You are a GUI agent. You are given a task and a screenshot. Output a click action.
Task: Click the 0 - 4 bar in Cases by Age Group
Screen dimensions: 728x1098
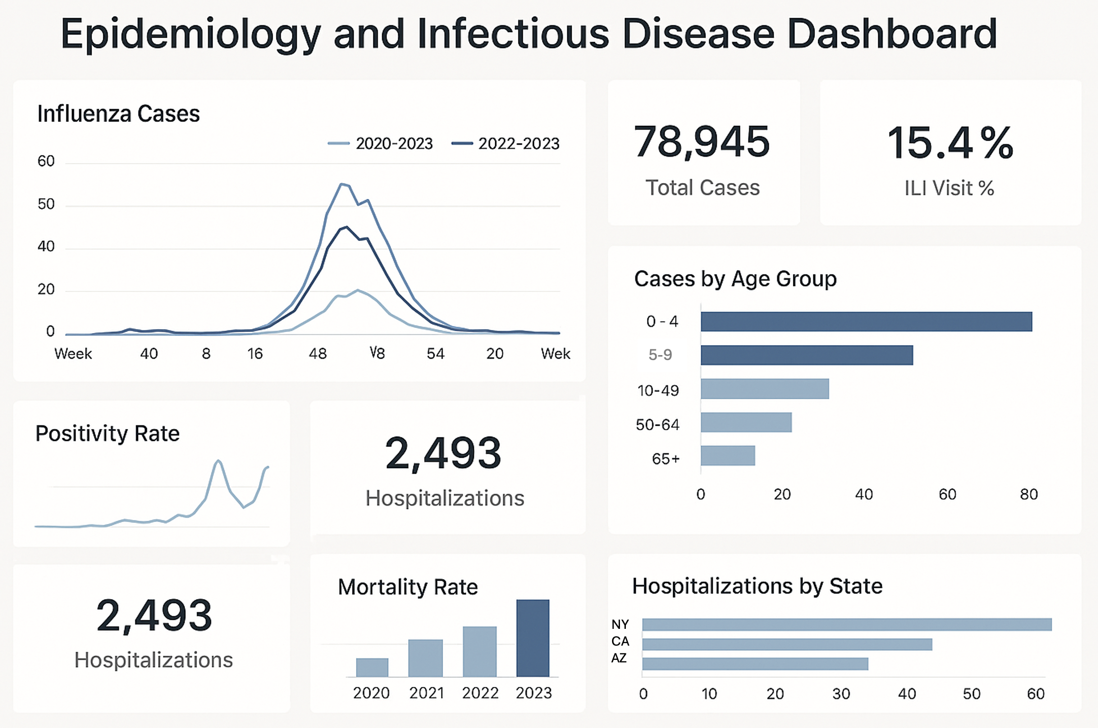click(x=866, y=322)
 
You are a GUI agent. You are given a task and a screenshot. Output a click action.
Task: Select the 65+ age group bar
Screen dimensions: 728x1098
click(x=727, y=456)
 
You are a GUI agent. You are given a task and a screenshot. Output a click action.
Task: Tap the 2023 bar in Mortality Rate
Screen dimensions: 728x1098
click(x=533, y=638)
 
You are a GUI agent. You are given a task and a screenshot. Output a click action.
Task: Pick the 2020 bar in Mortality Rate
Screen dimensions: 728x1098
click(x=372, y=667)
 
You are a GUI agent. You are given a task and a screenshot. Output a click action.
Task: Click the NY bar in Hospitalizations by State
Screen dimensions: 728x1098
click(x=846, y=624)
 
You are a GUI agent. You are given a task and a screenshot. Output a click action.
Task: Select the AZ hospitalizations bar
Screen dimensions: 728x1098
click(x=755, y=664)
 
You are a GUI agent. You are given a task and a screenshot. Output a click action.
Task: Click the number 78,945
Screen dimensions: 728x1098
click(x=702, y=142)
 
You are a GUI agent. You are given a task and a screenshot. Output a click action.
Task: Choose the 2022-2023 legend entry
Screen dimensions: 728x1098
click(x=506, y=144)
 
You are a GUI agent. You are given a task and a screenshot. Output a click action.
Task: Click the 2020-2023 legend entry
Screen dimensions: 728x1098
click(x=380, y=144)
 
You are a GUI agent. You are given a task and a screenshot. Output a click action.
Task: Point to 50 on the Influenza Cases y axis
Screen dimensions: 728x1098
click(x=46, y=204)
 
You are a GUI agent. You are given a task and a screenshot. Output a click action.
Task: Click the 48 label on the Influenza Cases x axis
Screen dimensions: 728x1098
click(x=317, y=354)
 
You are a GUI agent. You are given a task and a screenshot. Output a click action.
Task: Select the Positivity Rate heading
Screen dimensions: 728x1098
click(x=107, y=434)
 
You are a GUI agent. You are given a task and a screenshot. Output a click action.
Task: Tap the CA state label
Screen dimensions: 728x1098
click(x=620, y=641)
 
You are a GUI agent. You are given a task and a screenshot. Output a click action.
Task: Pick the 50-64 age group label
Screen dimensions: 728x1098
click(x=657, y=425)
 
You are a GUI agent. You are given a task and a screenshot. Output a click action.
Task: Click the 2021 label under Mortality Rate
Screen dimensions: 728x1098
click(x=426, y=693)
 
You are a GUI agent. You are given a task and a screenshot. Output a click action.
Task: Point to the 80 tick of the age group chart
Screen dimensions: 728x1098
click(x=1029, y=494)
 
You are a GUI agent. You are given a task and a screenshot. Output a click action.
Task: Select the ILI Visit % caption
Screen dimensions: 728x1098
click(x=949, y=188)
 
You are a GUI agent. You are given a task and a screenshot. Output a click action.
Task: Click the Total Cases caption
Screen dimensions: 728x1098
click(x=702, y=187)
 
